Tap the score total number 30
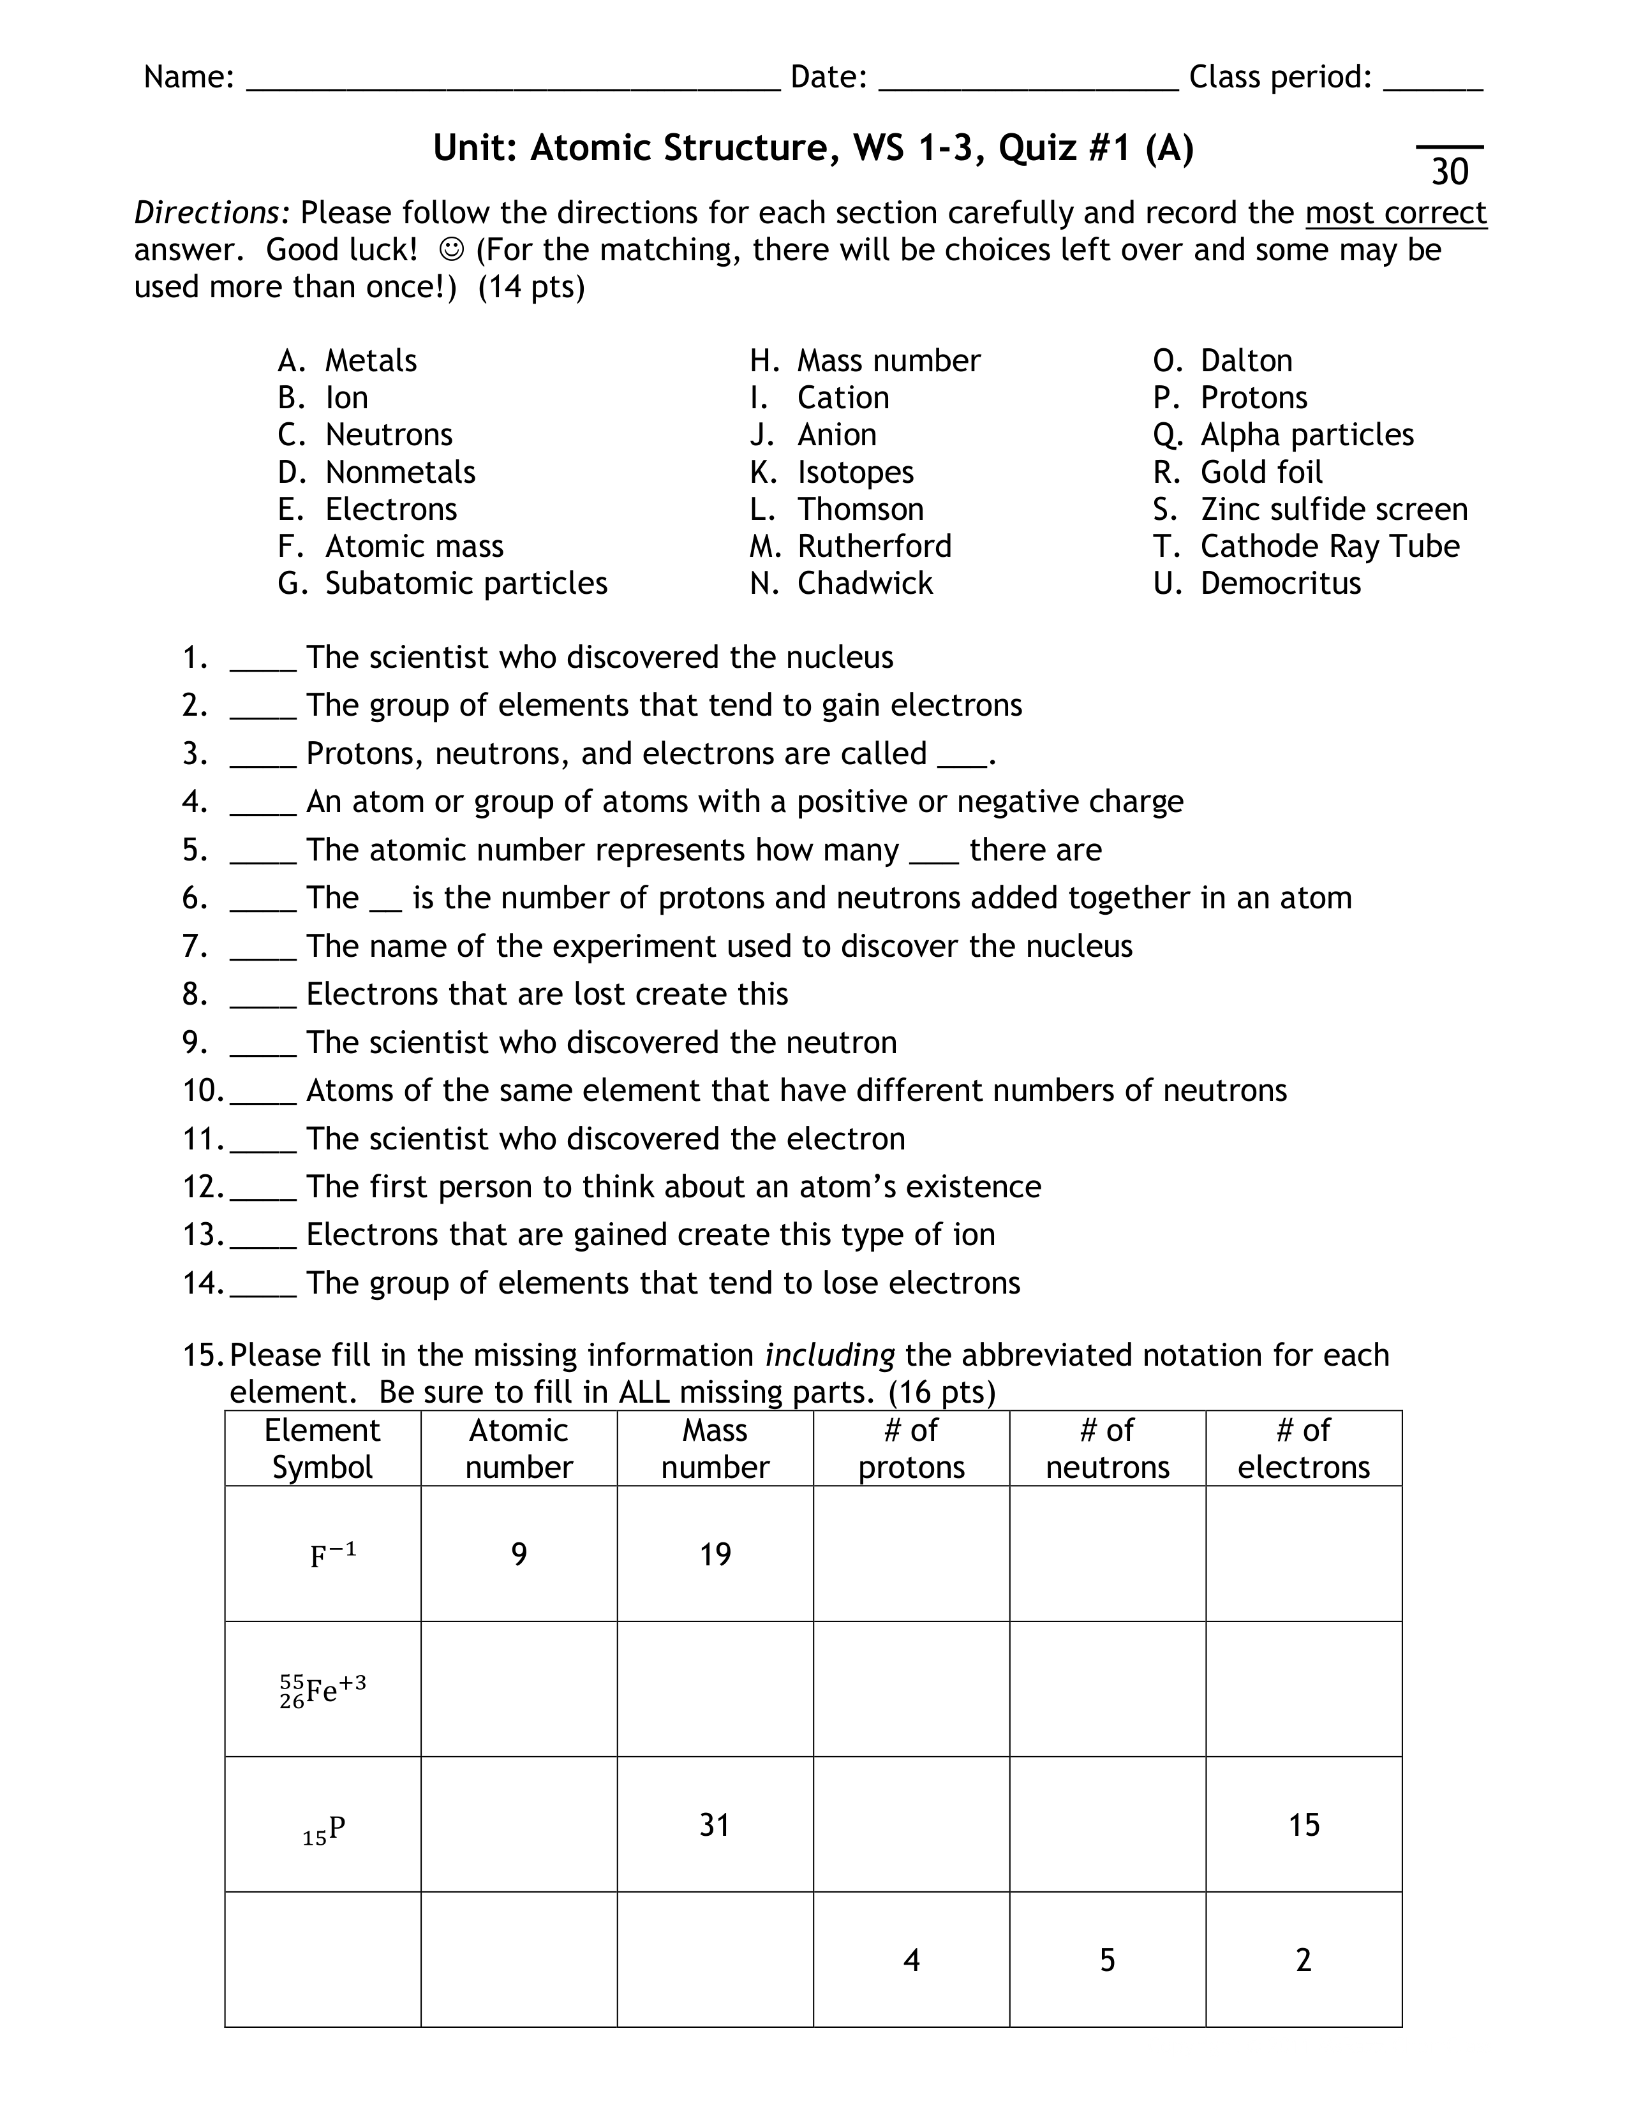click(1450, 172)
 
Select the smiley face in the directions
click(450, 249)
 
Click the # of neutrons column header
click(1108, 1449)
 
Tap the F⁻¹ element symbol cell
click(332, 1555)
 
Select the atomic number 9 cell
click(519, 1555)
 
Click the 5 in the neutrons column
click(1108, 1960)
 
